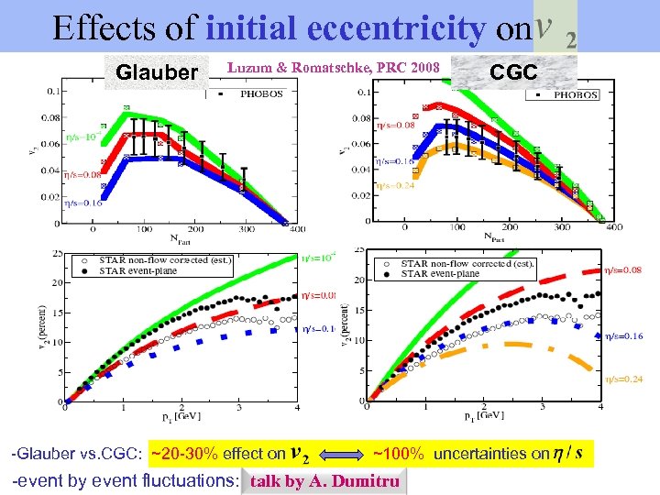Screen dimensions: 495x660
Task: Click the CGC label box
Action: click(x=514, y=71)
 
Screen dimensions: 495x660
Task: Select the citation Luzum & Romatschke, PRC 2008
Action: click(x=334, y=66)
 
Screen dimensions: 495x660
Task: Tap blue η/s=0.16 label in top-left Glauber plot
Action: click(x=82, y=203)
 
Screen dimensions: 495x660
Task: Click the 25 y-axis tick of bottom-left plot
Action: click(x=58, y=253)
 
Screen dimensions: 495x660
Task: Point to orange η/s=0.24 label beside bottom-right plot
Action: click(x=623, y=379)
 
